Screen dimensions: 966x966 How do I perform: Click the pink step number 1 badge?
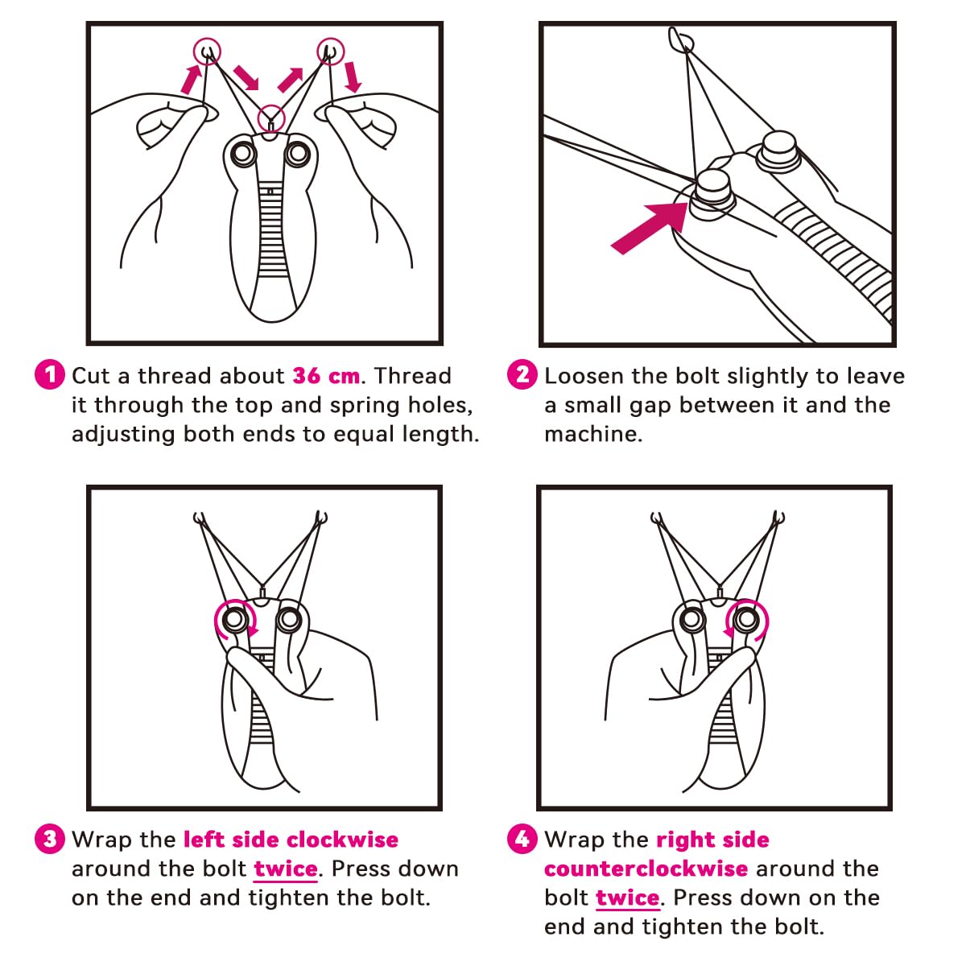50,374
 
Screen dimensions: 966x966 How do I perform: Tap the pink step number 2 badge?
522,374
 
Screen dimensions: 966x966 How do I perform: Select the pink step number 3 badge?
50,839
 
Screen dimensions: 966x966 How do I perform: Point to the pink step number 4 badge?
522,839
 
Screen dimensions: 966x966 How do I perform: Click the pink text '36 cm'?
326,375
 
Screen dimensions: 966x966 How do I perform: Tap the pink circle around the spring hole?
271,118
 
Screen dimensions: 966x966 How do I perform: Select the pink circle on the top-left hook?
207,52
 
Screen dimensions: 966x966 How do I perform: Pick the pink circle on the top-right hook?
331,52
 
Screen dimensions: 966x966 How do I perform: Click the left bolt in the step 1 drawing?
244,154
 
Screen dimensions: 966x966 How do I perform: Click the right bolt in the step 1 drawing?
299,154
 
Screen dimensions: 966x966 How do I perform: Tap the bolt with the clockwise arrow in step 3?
234,620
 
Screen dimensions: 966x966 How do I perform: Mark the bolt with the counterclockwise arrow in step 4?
746,620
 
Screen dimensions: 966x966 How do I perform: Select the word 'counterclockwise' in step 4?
646,869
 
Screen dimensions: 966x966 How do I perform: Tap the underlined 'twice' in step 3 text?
286,869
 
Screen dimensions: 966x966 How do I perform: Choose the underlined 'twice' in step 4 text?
628,898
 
